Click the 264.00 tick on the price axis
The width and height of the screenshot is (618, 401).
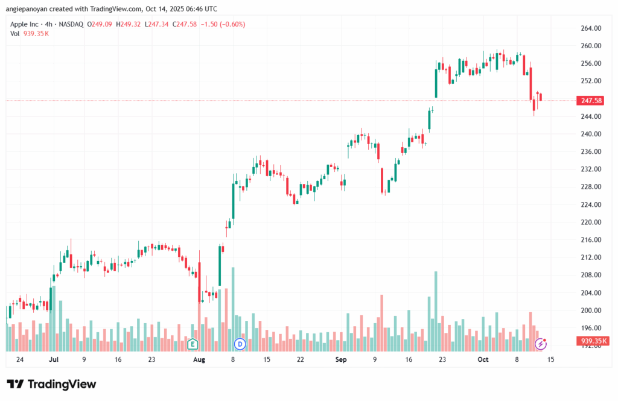pyautogui.click(x=591, y=28)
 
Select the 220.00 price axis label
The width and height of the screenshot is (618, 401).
pyautogui.click(x=591, y=223)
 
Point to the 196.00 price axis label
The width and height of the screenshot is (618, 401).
pyautogui.click(x=591, y=328)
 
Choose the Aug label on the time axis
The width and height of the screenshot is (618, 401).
pyautogui.click(x=199, y=359)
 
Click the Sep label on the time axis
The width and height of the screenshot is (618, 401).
pyautogui.click(x=341, y=359)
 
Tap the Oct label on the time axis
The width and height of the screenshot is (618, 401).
pyautogui.click(x=483, y=359)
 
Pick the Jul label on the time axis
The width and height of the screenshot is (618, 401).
pyautogui.click(x=54, y=359)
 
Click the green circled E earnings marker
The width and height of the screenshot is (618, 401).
pyautogui.click(x=193, y=344)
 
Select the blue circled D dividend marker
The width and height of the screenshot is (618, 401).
pyautogui.click(x=240, y=344)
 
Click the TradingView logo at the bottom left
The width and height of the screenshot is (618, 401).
pyautogui.click(x=51, y=384)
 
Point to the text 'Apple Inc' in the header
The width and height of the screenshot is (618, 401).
pyautogui.click(x=25, y=24)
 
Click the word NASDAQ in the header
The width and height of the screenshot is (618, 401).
pyautogui.click(x=71, y=24)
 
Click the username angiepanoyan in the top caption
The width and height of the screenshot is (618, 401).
pyautogui.click(x=28, y=8)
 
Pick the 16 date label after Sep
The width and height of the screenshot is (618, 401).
pyautogui.click(x=409, y=359)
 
